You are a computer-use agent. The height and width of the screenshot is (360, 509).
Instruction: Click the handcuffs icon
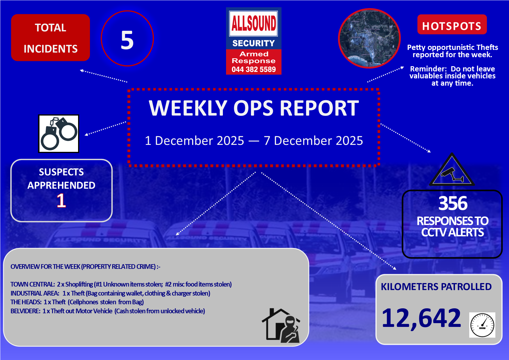(x=59, y=134)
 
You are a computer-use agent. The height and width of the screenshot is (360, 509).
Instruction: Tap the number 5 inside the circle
(x=127, y=40)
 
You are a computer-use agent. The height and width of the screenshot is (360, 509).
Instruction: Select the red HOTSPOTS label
(x=452, y=25)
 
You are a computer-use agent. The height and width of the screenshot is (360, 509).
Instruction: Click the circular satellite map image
(x=369, y=38)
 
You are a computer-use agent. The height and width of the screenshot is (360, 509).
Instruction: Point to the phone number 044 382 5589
(x=254, y=69)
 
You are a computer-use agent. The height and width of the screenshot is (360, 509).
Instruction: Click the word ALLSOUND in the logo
(x=254, y=23)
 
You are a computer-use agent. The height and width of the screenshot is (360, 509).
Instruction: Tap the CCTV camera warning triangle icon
(x=452, y=170)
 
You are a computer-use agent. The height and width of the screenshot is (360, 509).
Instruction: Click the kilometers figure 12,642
(x=421, y=318)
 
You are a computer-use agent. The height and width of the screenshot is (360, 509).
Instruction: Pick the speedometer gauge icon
(x=482, y=325)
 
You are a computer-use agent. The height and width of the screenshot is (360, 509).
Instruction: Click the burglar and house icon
(x=281, y=325)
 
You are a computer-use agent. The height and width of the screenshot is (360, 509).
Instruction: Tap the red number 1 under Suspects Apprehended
(x=61, y=201)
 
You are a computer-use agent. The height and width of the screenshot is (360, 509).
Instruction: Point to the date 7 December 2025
(x=313, y=141)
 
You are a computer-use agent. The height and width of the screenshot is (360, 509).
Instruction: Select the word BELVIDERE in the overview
(x=25, y=311)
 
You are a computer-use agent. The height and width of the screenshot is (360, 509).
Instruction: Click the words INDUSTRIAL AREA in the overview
(x=35, y=293)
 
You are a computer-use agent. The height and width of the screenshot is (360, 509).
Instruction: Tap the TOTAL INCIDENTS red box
(x=50, y=38)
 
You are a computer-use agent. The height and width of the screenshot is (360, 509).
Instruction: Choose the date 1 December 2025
(x=194, y=141)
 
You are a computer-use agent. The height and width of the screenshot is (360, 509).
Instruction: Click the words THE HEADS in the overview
(x=26, y=302)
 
